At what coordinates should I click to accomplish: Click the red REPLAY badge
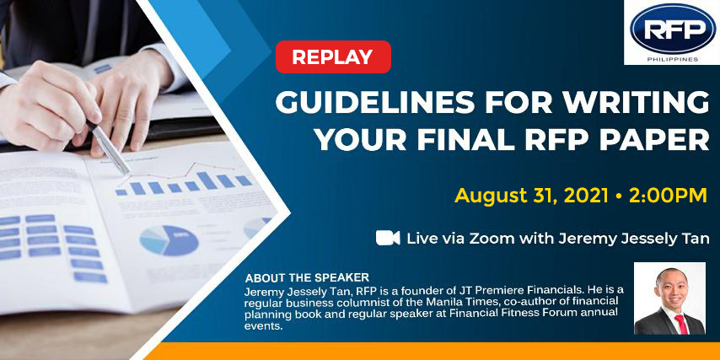pyautogui.click(x=333, y=57)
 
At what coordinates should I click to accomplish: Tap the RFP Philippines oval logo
pyautogui.click(x=673, y=28)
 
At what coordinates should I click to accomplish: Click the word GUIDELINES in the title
pyautogui.click(x=367, y=103)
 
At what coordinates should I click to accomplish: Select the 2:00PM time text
pyautogui.click(x=668, y=196)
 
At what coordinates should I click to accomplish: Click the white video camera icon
pyautogui.click(x=388, y=238)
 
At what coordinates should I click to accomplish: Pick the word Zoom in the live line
pyautogui.click(x=494, y=239)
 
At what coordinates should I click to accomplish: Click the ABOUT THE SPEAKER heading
pyautogui.click(x=307, y=278)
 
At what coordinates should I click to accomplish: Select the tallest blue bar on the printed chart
pyautogui.click(x=207, y=180)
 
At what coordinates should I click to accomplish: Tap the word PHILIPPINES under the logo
pyautogui.click(x=673, y=59)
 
